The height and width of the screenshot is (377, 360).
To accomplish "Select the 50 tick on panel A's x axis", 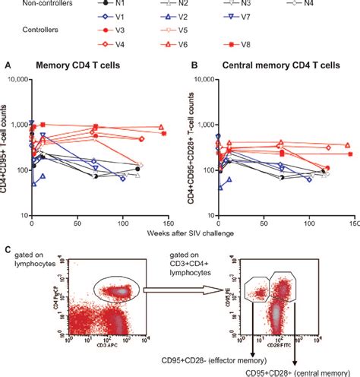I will (x=77, y=226).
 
